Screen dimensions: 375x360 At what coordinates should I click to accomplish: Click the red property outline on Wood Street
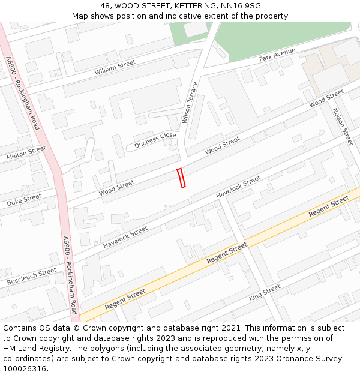click(x=181, y=178)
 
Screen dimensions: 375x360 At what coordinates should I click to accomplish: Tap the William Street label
click(x=115, y=67)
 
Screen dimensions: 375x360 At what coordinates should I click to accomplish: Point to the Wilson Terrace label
click(x=190, y=103)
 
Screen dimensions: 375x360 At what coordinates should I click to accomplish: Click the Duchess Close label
click(x=155, y=140)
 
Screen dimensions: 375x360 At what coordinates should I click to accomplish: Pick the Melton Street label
click(x=26, y=153)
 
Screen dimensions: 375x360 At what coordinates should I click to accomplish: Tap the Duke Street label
click(x=24, y=200)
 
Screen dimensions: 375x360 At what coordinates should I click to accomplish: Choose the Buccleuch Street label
click(x=32, y=277)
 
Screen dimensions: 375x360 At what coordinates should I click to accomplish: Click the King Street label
click(x=265, y=293)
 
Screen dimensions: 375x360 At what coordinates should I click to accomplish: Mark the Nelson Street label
click(x=343, y=126)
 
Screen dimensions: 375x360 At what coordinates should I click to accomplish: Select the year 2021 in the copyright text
click(x=230, y=328)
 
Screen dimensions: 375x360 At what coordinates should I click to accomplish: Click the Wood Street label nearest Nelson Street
click(x=326, y=99)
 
